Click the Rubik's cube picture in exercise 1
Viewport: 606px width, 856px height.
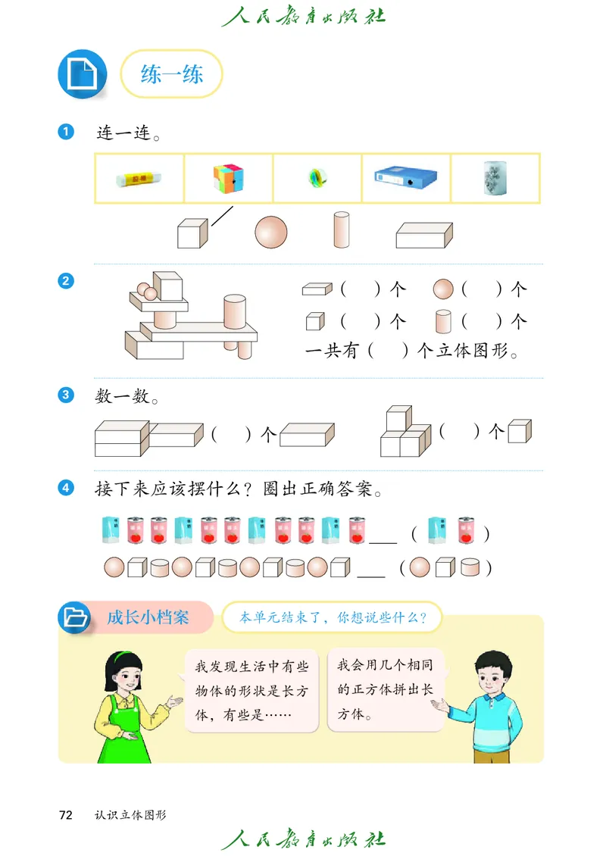[x=228, y=179]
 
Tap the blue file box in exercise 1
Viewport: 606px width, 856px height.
[x=405, y=179]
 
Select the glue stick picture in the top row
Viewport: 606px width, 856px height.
[x=139, y=179]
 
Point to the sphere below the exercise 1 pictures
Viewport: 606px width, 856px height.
[x=271, y=232]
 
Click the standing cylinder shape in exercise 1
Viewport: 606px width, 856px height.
[x=342, y=230]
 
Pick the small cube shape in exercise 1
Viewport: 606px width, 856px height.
[x=192, y=233]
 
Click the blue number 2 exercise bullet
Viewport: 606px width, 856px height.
[x=66, y=281]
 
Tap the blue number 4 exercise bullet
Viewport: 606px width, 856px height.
[x=66, y=488]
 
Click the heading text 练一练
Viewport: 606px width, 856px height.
[x=172, y=73]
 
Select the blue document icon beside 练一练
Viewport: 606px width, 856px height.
[x=83, y=73]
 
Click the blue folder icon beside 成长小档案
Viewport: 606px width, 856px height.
[x=75, y=617]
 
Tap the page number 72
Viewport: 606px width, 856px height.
[x=66, y=814]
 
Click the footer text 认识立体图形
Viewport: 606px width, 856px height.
[x=130, y=815]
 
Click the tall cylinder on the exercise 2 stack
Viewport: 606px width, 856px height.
[x=235, y=312]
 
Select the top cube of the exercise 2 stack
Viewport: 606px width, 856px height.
[x=169, y=286]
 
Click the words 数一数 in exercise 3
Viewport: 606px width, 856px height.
[x=123, y=396]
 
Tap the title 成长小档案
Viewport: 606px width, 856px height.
[x=148, y=617]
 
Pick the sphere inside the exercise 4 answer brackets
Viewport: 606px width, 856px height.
[x=420, y=567]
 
